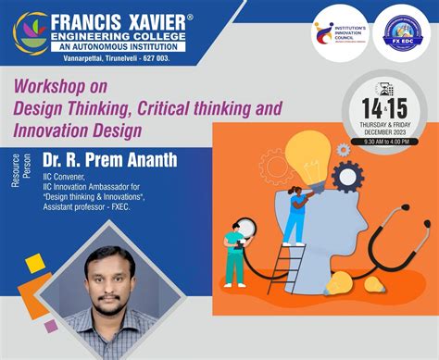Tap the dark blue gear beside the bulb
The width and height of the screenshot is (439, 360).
(x=346, y=175)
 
